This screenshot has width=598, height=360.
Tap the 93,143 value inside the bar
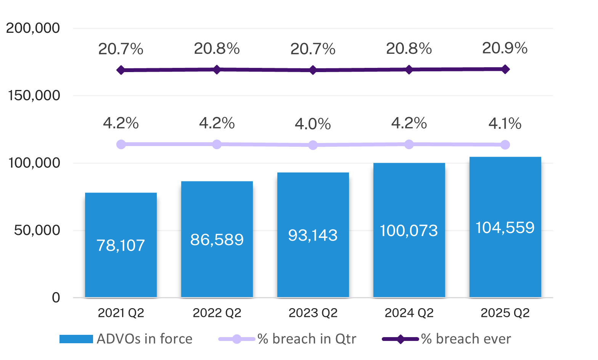(x=313, y=235)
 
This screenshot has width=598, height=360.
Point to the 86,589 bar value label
(x=217, y=239)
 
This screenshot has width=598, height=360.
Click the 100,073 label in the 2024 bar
(x=409, y=231)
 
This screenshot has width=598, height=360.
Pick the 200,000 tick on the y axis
(x=33, y=28)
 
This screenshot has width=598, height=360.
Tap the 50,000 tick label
(x=37, y=230)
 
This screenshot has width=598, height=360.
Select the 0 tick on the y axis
(x=56, y=297)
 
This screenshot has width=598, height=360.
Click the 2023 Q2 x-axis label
(x=313, y=313)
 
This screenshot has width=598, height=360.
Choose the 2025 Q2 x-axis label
(x=505, y=313)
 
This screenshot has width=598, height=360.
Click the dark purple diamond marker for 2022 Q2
(x=217, y=69)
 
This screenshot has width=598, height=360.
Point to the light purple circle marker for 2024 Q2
(x=409, y=144)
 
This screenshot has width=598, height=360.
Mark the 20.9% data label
(x=505, y=48)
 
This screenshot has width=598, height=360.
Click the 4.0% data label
(x=313, y=124)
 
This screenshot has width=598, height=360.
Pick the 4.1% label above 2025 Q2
(x=505, y=124)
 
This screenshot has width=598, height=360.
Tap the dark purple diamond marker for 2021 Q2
(x=121, y=70)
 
